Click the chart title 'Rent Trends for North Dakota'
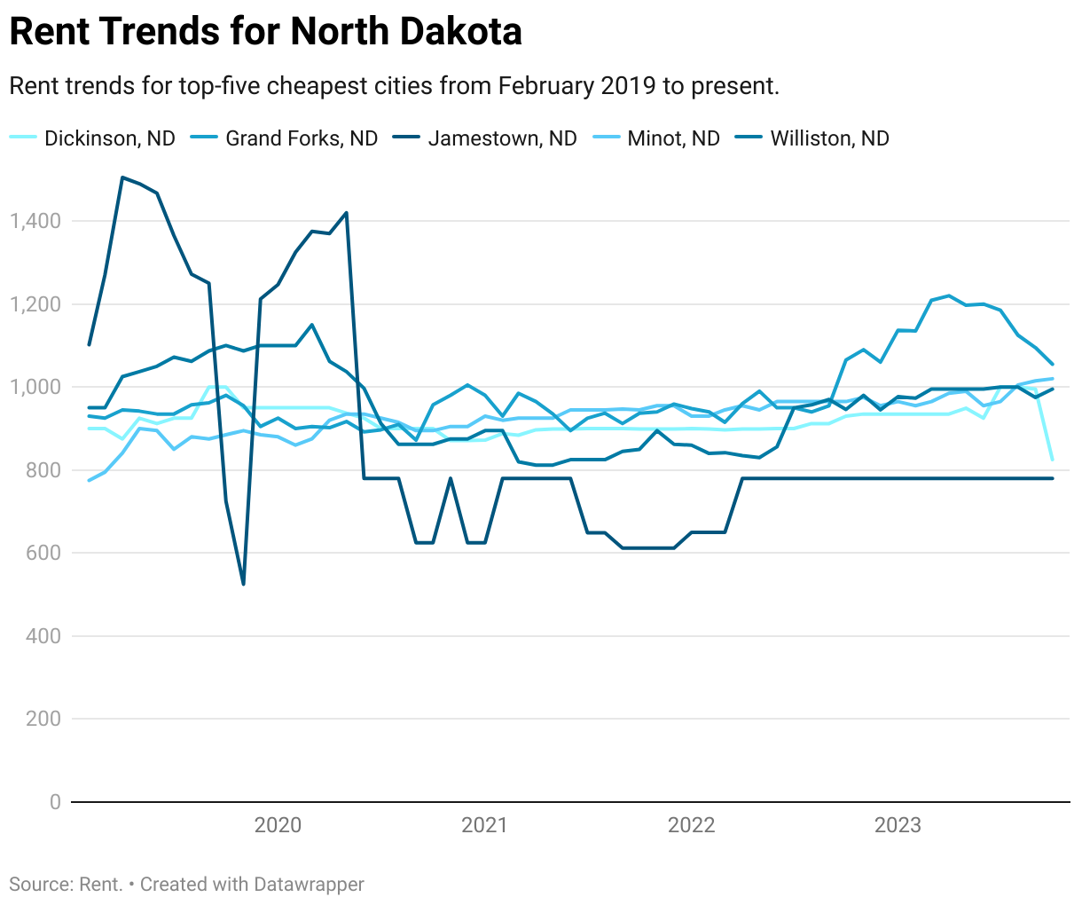click(265, 32)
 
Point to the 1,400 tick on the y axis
click(35, 221)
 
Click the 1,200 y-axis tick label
click(35, 304)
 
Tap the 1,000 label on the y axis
click(35, 387)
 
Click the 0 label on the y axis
click(55, 802)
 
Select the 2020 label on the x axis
click(278, 825)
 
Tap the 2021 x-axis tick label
click(484, 825)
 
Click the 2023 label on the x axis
click(898, 825)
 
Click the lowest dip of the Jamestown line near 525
click(243, 583)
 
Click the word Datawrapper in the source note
click(308, 885)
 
